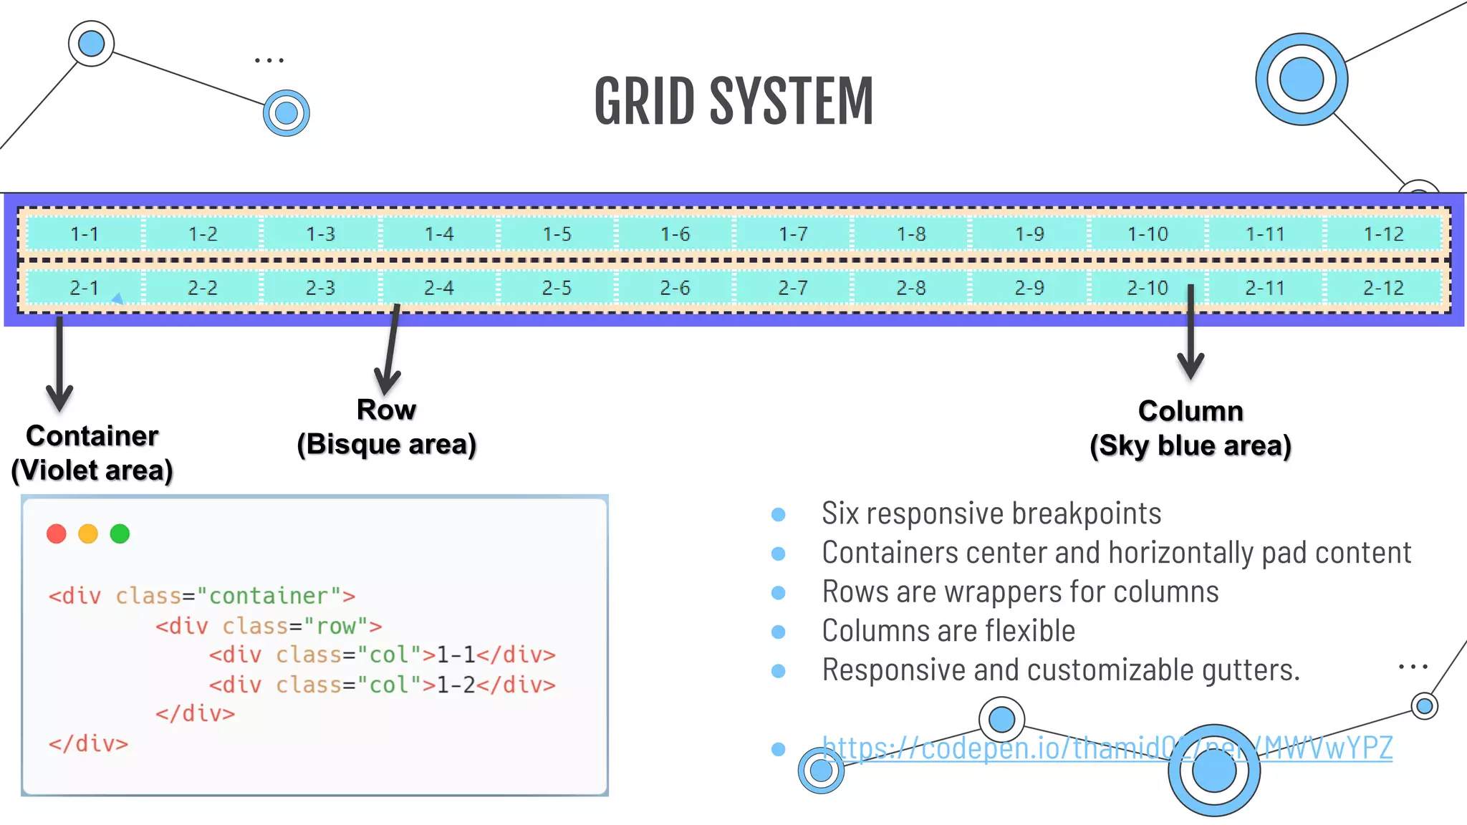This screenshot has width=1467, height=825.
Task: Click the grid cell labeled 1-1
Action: pos(85,234)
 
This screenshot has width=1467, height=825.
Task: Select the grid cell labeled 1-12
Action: pos(1383,234)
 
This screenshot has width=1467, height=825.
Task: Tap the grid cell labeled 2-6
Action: pos(675,288)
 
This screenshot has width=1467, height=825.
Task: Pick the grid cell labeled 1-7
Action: pos(793,234)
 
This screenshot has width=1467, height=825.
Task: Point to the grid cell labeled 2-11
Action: pos(1265,288)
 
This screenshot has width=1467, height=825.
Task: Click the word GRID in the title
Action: pos(644,102)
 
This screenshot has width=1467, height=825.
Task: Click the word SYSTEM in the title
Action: pos(792,102)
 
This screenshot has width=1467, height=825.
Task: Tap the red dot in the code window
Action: pos(57,534)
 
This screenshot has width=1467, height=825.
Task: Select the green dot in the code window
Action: pos(120,534)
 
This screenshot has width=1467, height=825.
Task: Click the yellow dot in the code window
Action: pos(88,534)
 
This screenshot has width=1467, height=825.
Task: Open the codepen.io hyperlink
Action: pos(1107,748)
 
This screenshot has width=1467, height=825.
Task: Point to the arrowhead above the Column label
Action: pos(1191,367)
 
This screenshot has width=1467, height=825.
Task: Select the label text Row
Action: pos(386,410)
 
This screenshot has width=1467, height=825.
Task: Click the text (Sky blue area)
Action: pos(1191,445)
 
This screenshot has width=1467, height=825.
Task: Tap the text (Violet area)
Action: pos(92,471)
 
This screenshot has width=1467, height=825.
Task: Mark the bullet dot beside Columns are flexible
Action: pos(779,632)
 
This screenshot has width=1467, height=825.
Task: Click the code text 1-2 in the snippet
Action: pos(456,685)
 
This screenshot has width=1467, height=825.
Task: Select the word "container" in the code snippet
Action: pos(268,596)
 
